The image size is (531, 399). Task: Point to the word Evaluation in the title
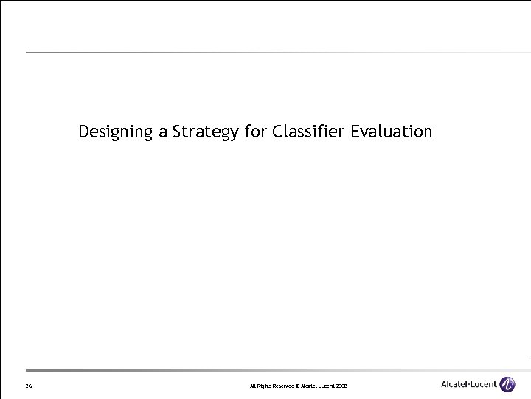[x=392, y=132]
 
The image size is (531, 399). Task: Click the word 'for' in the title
[x=255, y=132]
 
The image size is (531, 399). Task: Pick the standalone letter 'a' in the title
[x=163, y=134]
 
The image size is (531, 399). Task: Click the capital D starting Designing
[x=84, y=132]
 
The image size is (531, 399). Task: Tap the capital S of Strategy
[x=177, y=132]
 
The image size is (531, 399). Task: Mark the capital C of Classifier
[x=277, y=132]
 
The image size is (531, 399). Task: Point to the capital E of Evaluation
[x=355, y=132]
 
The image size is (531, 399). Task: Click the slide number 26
[x=28, y=386]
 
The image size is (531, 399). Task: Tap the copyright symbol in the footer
[x=298, y=386]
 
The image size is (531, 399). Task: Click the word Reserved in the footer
[x=282, y=386]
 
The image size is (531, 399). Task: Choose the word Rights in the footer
[x=264, y=386]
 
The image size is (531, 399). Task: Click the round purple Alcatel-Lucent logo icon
[x=507, y=384]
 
